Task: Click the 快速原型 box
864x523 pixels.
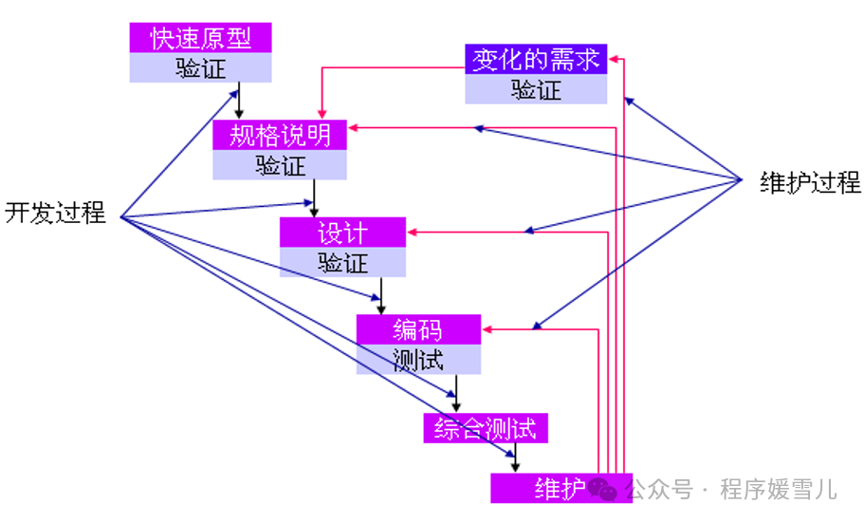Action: [200, 39]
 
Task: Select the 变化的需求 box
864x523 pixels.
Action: [536, 59]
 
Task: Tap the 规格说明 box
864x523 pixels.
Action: [280, 135]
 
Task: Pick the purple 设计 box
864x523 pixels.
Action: [342, 232]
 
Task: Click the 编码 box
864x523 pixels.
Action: [418, 329]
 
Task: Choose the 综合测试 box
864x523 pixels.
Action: [486, 428]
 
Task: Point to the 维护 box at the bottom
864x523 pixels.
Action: [560, 488]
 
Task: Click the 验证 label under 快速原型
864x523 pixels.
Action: [200, 68]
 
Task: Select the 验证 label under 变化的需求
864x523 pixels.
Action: [536, 89]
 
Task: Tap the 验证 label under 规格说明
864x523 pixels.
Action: [280, 165]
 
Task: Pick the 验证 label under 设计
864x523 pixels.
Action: [342, 262]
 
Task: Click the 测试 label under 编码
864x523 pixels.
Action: [418, 359]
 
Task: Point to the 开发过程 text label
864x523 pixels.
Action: [55, 213]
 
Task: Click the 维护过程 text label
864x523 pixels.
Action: [810, 182]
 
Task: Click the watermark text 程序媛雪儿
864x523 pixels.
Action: [778, 490]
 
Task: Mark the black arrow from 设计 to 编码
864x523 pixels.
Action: [381, 295]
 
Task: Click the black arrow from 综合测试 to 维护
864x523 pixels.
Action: [515, 458]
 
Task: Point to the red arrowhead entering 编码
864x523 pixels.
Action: [487, 330]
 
